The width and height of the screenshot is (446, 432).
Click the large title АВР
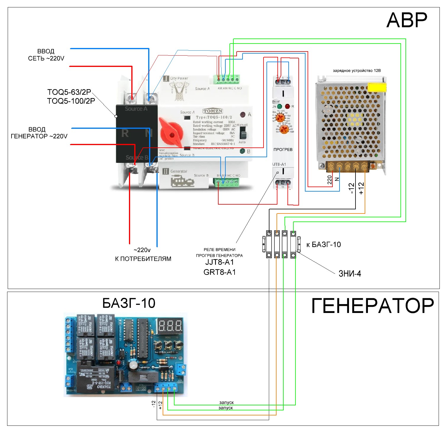tap(407, 20)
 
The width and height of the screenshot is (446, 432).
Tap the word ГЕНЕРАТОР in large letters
tap(373, 306)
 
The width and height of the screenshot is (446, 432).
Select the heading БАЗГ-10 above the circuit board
tap(129, 303)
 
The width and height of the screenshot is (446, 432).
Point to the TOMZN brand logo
tap(213, 111)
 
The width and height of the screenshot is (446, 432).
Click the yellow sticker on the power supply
tap(377, 87)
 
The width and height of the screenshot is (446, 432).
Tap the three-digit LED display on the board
tap(170, 326)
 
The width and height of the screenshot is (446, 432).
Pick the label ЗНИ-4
tap(350, 274)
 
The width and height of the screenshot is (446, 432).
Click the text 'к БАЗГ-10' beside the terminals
tap(324, 245)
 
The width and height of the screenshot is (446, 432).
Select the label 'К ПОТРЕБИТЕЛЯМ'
tap(143, 259)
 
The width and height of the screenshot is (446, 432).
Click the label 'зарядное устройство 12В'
tap(357, 71)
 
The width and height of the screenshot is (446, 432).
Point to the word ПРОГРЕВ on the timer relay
tap(283, 150)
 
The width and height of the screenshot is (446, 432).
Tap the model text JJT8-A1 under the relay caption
tap(219, 262)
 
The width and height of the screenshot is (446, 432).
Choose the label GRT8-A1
tap(219, 272)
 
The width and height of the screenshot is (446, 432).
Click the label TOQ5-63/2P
tap(69, 92)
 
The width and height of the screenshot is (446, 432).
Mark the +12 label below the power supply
tap(361, 188)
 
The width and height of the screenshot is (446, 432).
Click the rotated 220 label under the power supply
tap(330, 180)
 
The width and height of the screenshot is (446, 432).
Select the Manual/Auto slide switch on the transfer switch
tap(243, 134)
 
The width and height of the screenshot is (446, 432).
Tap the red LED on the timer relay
tap(287, 106)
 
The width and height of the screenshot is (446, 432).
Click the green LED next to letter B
tap(242, 151)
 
